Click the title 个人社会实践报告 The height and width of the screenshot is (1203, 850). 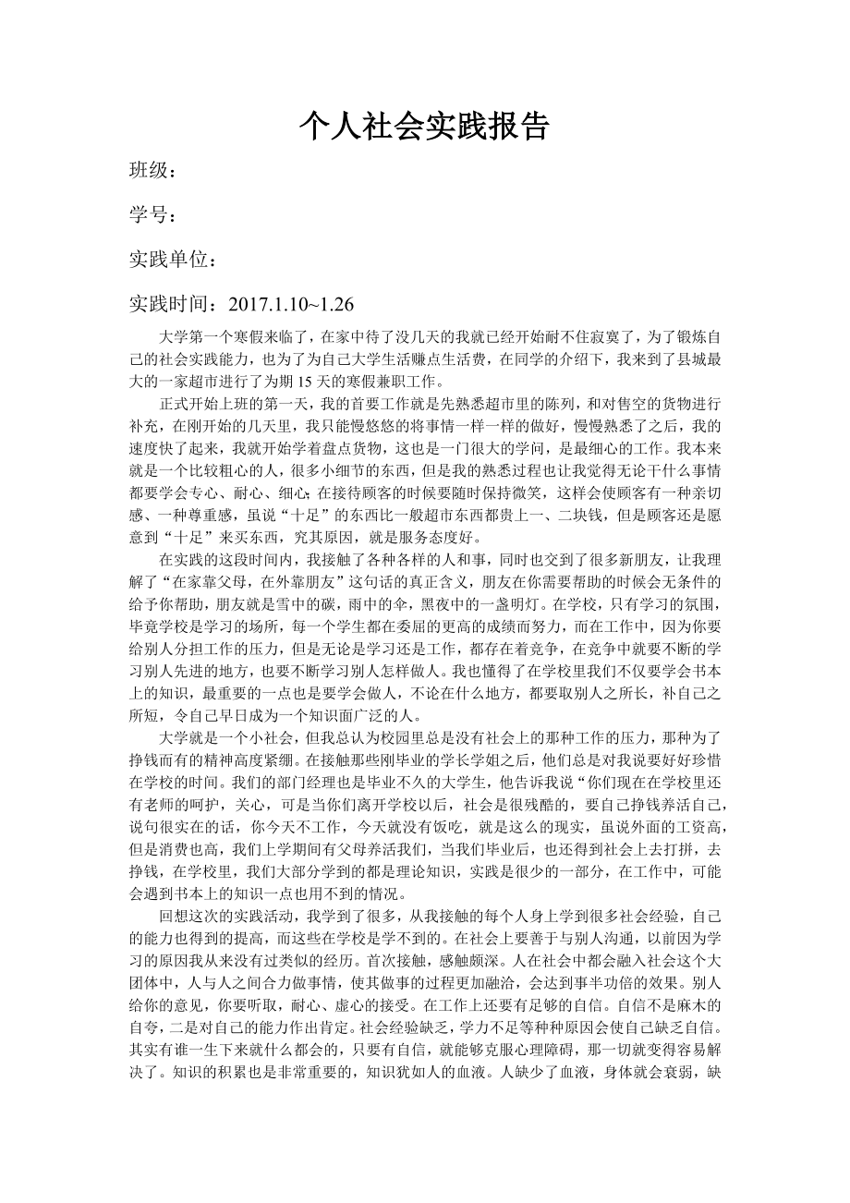point(424,127)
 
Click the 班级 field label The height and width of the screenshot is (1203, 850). point(149,171)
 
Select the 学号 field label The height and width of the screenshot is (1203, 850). point(149,215)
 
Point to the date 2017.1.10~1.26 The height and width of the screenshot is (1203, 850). point(290,304)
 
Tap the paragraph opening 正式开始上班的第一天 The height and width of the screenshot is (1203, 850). point(236,405)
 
